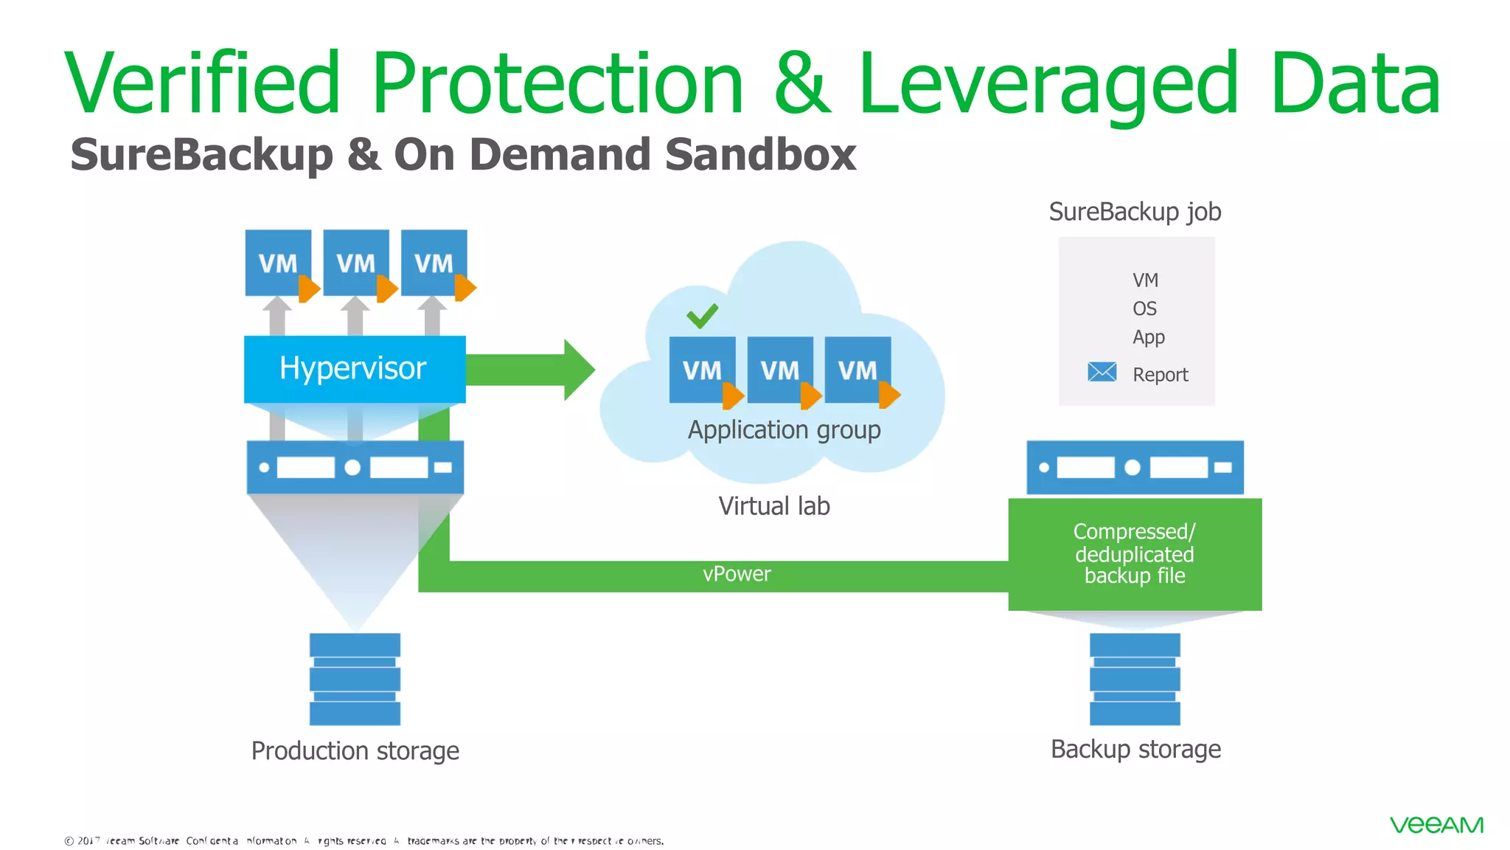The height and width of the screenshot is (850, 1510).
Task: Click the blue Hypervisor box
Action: [x=354, y=369]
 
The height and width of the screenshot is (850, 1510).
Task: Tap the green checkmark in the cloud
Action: [x=702, y=316]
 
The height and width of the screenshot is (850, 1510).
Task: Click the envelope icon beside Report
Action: [x=1102, y=372]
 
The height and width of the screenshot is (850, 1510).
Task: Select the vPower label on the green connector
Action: [x=736, y=574]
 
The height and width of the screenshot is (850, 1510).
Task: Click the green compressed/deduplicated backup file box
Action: [x=1134, y=554]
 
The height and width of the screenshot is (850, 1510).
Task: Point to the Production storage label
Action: [x=355, y=750]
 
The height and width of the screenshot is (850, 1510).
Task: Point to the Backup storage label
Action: [x=1135, y=749]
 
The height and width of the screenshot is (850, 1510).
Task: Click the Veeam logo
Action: [x=1436, y=825]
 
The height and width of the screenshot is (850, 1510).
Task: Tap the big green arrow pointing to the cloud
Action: [x=531, y=370]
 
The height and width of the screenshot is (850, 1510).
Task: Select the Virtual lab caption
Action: [x=774, y=506]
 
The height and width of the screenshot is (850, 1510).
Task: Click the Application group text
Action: [x=784, y=429]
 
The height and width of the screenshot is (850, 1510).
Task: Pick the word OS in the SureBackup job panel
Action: [x=1144, y=308]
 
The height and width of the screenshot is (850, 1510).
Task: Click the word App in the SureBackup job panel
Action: [x=1148, y=337]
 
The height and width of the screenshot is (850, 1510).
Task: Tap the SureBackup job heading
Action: [x=1135, y=212]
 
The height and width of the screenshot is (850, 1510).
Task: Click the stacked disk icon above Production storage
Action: [x=355, y=679]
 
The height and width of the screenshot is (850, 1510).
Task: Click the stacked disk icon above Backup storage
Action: [x=1135, y=679]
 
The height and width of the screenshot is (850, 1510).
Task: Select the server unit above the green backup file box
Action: [x=1135, y=467]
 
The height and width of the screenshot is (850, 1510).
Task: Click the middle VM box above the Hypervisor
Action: [x=356, y=263]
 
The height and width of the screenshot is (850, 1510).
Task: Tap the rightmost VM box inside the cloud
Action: [x=857, y=370]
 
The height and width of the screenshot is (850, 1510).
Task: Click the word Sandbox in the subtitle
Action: [x=760, y=155]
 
